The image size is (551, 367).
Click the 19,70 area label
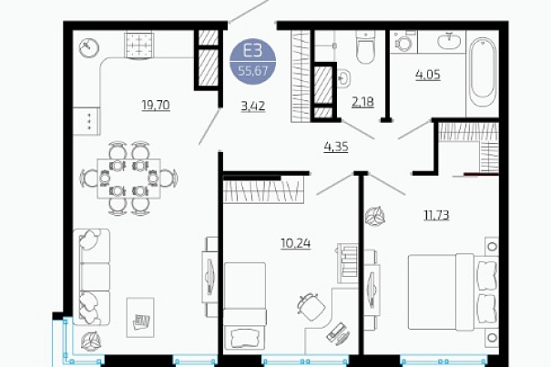[x=156, y=105]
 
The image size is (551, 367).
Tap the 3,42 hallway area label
[x=253, y=106]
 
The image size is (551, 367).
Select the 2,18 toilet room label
[x=362, y=102]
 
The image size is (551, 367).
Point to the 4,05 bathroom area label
[x=428, y=75]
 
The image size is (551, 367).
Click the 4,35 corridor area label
[x=336, y=147]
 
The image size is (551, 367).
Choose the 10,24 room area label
[x=295, y=243]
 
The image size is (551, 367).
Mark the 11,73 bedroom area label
[x=436, y=214]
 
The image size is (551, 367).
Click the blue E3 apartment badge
[x=252, y=62]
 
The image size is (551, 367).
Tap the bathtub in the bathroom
[x=483, y=72]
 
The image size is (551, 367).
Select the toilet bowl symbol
[x=365, y=47]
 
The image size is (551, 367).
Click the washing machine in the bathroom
[x=403, y=42]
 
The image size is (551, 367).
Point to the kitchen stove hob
[x=139, y=45]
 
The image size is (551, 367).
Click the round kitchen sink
[x=89, y=47]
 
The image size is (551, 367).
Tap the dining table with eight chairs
[x=129, y=178]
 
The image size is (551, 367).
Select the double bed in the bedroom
[x=454, y=292]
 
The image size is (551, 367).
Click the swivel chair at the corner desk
[x=311, y=306]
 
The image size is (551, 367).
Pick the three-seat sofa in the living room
[x=92, y=277]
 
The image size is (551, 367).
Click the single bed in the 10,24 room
[x=245, y=306]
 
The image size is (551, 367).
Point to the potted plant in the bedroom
[x=375, y=215]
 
